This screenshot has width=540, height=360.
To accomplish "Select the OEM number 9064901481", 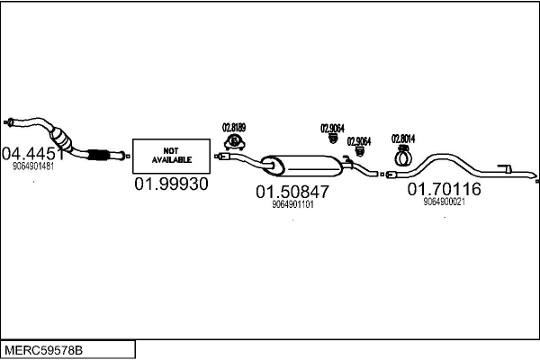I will (33, 166).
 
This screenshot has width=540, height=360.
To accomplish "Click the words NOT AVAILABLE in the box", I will (171, 155).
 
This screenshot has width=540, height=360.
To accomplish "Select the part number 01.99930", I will (171, 184).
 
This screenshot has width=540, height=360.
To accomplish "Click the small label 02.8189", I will (234, 128).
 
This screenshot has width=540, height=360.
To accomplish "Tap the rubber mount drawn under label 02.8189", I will (235, 141).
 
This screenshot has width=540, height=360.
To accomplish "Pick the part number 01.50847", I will (292, 192).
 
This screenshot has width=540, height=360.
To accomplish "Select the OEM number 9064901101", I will (292, 204).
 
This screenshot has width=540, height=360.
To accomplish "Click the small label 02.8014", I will (401, 139).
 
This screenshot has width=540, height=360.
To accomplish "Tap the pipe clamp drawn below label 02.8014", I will (402, 156).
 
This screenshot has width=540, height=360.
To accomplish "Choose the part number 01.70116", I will (444, 189).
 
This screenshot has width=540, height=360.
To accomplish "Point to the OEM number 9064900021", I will (444, 202).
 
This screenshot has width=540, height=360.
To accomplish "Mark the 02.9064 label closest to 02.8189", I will (332, 128).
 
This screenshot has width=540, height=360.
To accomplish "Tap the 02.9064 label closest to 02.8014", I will (358, 141).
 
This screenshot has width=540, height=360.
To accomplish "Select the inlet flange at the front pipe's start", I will (8, 121).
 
